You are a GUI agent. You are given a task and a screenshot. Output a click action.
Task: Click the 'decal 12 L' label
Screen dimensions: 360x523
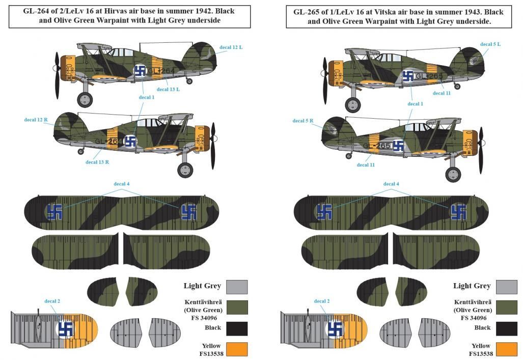click(231, 47)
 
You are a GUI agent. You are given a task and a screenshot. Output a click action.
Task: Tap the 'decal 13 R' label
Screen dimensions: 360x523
click(97, 162)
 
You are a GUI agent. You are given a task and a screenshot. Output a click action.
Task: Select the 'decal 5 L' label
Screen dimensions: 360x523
click(490, 44)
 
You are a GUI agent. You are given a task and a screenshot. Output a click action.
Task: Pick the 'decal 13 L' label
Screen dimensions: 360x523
click(169, 90)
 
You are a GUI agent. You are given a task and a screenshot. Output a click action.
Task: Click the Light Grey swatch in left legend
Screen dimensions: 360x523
click(237, 287)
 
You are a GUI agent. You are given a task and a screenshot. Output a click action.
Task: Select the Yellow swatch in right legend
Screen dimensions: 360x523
click(506, 350)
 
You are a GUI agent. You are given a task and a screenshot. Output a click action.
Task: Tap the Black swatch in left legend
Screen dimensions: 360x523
click(237, 328)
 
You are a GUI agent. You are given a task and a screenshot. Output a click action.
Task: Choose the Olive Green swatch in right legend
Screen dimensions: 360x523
click(506, 308)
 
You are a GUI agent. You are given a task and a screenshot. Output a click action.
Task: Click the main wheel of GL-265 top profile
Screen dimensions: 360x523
click(352, 104)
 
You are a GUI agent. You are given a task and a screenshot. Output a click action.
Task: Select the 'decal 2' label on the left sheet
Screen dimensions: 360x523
click(52, 301)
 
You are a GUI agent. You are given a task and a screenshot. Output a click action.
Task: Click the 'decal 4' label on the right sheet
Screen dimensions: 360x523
click(391, 184)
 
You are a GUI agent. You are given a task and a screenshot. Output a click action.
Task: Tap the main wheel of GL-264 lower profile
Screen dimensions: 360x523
click(185, 169)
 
